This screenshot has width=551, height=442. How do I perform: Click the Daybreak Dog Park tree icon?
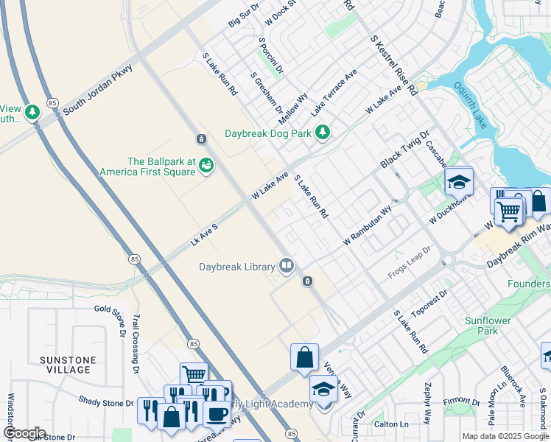tap(322, 133)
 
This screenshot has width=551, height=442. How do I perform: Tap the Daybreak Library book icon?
tap(286, 265)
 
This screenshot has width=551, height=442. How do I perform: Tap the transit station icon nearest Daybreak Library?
tap(308, 281)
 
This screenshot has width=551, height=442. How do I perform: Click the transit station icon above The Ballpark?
tap(200, 139)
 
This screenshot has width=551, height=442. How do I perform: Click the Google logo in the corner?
tap(24, 433)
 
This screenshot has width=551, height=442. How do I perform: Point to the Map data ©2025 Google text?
tap(505, 436)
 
